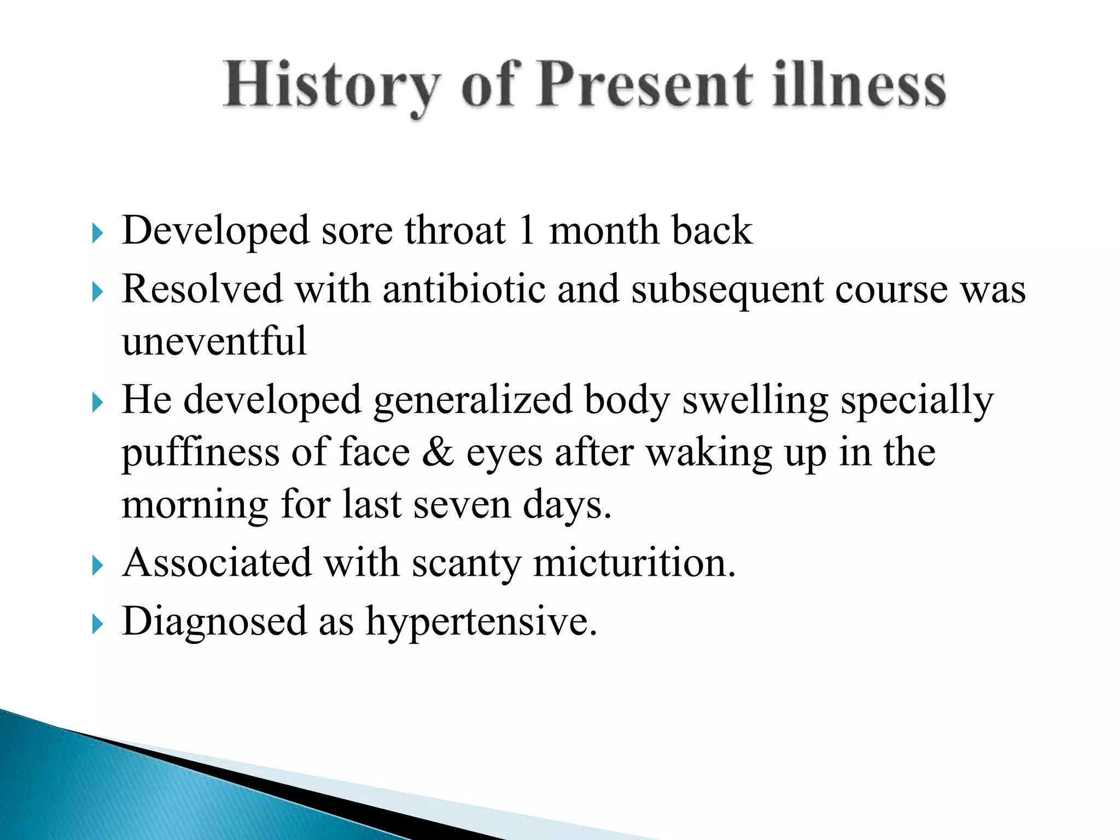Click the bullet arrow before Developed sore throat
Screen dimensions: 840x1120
[97, 234]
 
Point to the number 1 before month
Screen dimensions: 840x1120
[527, 230]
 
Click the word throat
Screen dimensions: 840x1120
[455, 230]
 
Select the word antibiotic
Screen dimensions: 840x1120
[464, 289]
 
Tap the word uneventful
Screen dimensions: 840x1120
[214, 341]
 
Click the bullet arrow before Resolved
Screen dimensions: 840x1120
[97, 293]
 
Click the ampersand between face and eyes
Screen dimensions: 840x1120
[437, 453]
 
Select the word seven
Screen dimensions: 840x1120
[462, 504]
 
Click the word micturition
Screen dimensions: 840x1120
[634, 563]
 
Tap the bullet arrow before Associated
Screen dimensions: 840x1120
[97, 566]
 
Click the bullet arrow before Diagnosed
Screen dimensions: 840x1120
[97, 625]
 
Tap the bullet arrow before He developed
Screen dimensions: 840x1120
[97, 404]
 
